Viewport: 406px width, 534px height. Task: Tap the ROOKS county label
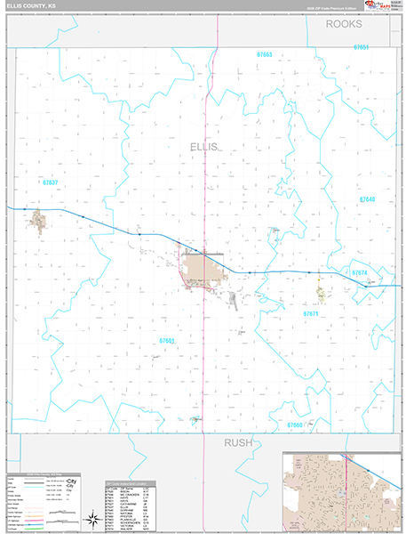(344, 25)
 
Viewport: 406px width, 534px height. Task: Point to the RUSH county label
(238, 442)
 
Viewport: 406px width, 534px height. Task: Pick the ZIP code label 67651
(361, 46)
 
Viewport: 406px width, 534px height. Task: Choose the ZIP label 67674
(359, 272)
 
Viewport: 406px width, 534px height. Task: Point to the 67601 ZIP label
(169, 341)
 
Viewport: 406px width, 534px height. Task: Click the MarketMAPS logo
(379, 8)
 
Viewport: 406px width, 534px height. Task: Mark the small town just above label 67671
(320, 291)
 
